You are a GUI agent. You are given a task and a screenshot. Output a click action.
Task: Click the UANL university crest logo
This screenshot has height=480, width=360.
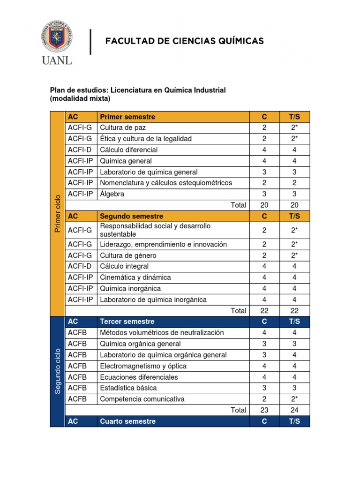[57, 36]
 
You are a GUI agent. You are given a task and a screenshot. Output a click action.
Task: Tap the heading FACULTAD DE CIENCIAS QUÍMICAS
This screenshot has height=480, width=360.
[184, 41]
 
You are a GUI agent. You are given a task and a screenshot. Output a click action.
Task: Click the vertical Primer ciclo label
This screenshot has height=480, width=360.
[58, 213]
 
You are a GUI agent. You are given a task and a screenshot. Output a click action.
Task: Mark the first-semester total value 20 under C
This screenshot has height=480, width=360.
[264, 205]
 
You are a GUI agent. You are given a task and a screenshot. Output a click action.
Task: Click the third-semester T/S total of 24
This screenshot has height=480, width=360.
[294, 410]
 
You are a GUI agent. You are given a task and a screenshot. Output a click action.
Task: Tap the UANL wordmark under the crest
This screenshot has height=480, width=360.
[57, 61]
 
